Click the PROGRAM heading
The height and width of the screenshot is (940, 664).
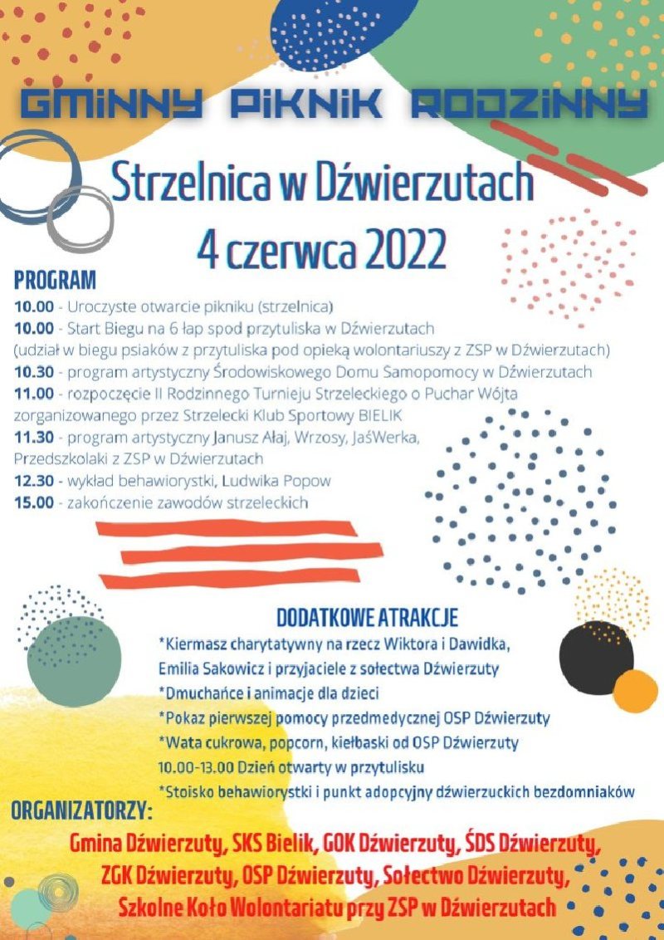coord(55,281)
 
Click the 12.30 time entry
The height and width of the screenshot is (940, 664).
coord(31,480)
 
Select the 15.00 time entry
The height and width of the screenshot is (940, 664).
coord(31,502)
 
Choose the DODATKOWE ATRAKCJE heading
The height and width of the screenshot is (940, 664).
coord(367,619)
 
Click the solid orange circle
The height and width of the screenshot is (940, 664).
coord(635,692)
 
